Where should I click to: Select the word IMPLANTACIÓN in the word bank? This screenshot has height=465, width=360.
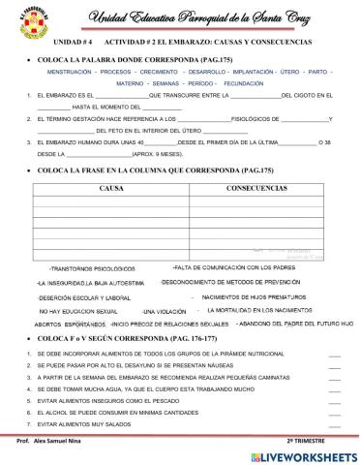pyautogui.click(x=252, y=72)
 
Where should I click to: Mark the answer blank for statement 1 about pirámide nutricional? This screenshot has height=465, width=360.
pyautogui.click(x=335, y=356)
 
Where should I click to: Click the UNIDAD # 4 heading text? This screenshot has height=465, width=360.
pyautogui.click(x=73, y=44)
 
